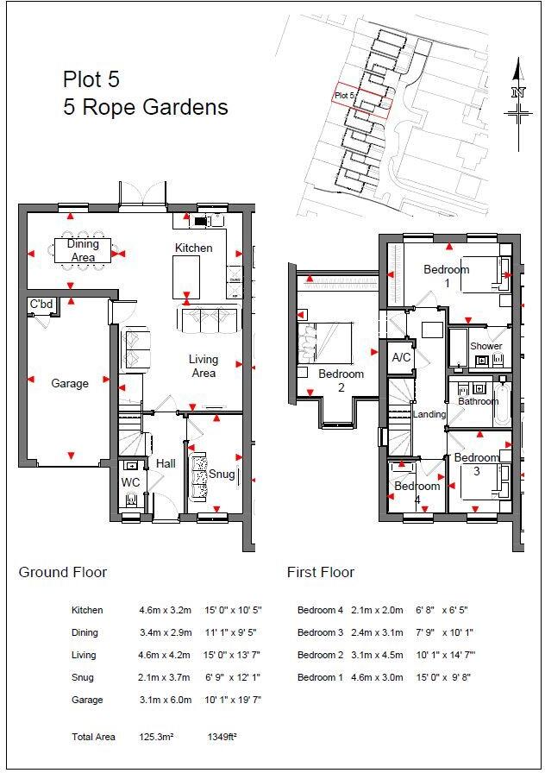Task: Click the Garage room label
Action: click(70, 384)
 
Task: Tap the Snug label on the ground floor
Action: click(222, 474)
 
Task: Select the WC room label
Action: click(130, 482)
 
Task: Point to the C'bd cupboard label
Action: click(41, 305)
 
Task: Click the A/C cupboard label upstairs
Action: click(401, 357)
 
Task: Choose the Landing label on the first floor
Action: click(429, 414)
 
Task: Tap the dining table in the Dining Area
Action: click(83, 251)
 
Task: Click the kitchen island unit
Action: click(186, 277)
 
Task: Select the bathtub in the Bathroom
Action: click(502, 403)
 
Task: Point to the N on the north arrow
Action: click(518, 92)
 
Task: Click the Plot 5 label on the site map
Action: click(344, 95)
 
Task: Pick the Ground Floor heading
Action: click(63, 572)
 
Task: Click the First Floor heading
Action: click(321, 572)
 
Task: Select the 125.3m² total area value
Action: click(156, 737)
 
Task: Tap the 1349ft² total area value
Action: click(222, 737)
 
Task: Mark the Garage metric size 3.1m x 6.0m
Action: click(165, 700)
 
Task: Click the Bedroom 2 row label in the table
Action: click(320, 655)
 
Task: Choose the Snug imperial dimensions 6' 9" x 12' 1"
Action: click(233, 677)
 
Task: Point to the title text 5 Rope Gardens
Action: click(146, 107)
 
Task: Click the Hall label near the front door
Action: click(166, 463)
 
